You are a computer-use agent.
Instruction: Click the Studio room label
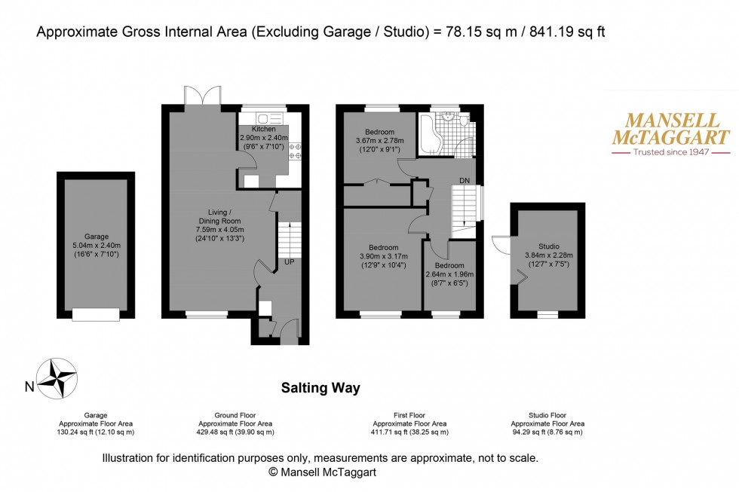tap(548, 246)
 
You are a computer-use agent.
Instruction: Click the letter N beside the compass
tap(29, 388)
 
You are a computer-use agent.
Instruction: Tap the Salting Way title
tap(320, 388)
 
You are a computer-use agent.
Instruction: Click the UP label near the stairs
tap(289, 262)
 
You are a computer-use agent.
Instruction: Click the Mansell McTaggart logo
tap(670, 133)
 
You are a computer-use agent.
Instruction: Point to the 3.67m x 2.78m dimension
tap(380, 140)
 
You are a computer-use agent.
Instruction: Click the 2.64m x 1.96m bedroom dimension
tap(449, 274)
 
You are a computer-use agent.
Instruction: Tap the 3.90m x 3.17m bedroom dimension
tap(384, 255)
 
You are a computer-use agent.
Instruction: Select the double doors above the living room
tap(201, 96)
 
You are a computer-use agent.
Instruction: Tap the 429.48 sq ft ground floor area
tap(230, 432)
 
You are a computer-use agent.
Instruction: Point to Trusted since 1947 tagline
tap(670, 151)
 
